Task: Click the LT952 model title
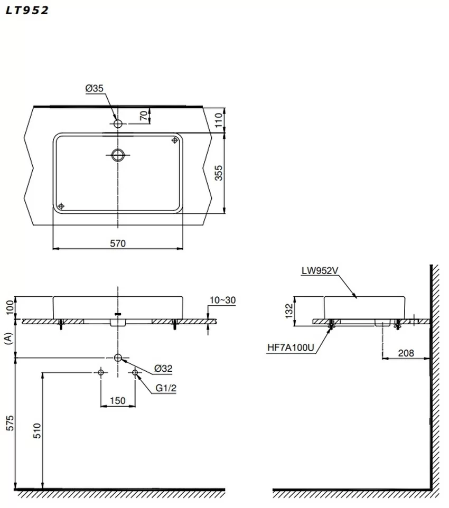point(27,11)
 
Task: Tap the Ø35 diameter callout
point(95,88)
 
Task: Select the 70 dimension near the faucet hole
point(144,115)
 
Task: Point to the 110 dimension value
point(219,120)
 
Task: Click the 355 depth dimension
point(219,173)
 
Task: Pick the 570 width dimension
point(118,243)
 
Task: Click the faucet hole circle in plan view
point(118,124)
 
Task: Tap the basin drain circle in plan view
point(118,155)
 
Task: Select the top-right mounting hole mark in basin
point(175,140)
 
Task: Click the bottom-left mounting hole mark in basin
point(61,206)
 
